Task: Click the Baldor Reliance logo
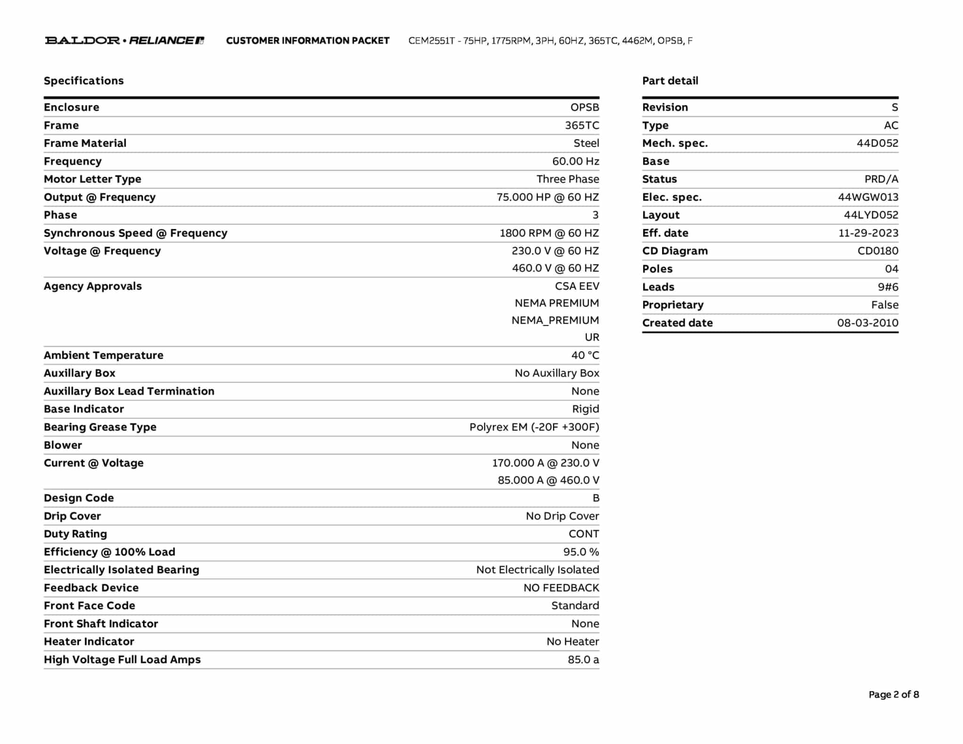[125, 40]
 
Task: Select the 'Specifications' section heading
[84, 81]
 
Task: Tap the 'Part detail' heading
[670, 81]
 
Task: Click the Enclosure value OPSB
[584, 107]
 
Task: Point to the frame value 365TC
[582, 126]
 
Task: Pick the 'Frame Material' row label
[85, 143]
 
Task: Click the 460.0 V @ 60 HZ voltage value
[555, 268]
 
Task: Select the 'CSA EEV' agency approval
[577, 286]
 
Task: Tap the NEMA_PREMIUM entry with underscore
[555, 320]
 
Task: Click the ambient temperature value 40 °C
[585, 356]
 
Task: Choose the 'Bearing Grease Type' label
[100, 427]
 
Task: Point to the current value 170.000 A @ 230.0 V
[545, 463]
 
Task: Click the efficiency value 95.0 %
[581, 552]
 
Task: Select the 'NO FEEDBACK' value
[561, 588]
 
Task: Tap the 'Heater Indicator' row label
[89, 641]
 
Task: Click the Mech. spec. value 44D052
[877, 143]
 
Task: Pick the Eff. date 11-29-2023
[868, 233]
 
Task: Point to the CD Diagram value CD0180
[877, 251]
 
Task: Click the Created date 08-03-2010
[868, 323]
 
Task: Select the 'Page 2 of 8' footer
[893, 695]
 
